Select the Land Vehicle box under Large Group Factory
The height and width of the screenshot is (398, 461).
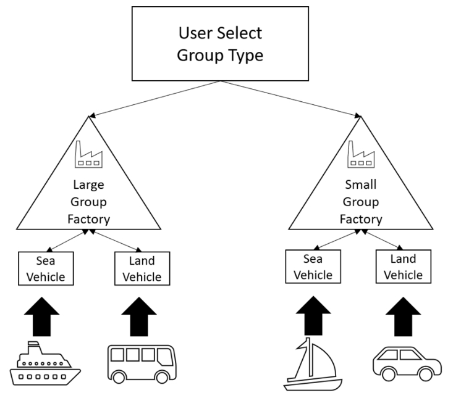(x=142, y=268)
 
